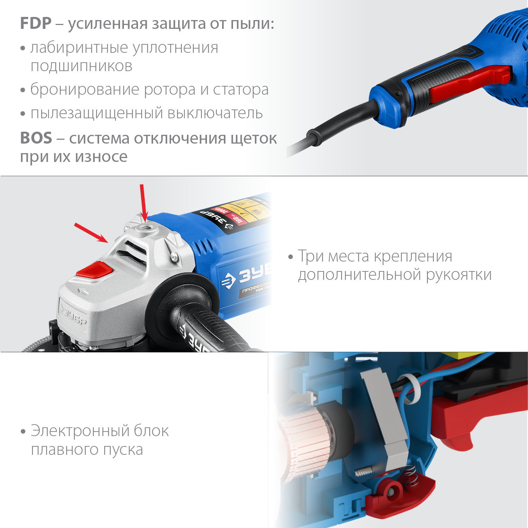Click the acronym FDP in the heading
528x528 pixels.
[36, 24]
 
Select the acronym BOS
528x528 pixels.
[36, 138]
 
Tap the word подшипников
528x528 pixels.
[81, 67]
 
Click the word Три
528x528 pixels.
[311, 256]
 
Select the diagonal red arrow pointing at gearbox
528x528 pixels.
[91, 233]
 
